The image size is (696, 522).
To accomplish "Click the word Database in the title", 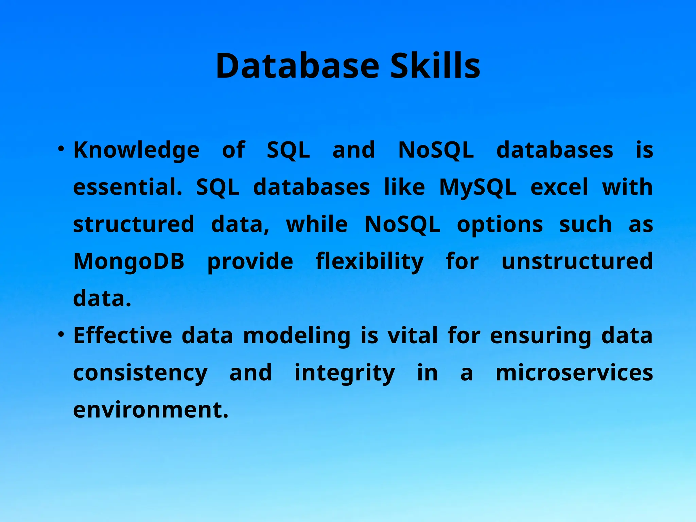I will click(297, 66).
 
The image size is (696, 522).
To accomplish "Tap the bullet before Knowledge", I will click(61, 149).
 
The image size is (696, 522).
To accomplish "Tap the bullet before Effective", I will click(61, 334).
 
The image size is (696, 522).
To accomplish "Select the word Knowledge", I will click(136, 150).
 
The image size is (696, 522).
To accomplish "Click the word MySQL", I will click(477, 188).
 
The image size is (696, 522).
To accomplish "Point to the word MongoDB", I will click(129, 262).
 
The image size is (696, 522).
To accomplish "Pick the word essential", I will click(127, 188).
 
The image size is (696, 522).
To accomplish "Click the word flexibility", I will click(369, 262).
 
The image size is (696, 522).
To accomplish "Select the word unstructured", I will click(577, 262).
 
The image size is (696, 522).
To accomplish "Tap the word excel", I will click(559, 188).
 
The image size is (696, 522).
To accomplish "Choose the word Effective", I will click(123, 336).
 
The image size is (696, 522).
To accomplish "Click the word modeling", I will click(296, 336).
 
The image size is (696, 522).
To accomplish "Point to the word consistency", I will click(140, 373).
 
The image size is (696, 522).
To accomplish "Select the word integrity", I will click(344, 373).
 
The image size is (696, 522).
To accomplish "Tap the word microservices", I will click(574, 373).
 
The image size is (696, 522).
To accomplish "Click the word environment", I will click(151, 410).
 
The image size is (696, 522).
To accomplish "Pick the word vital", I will click(413, 336).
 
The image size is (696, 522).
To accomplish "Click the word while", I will click(317, 225).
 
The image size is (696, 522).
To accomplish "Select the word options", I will click(500, 225).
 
